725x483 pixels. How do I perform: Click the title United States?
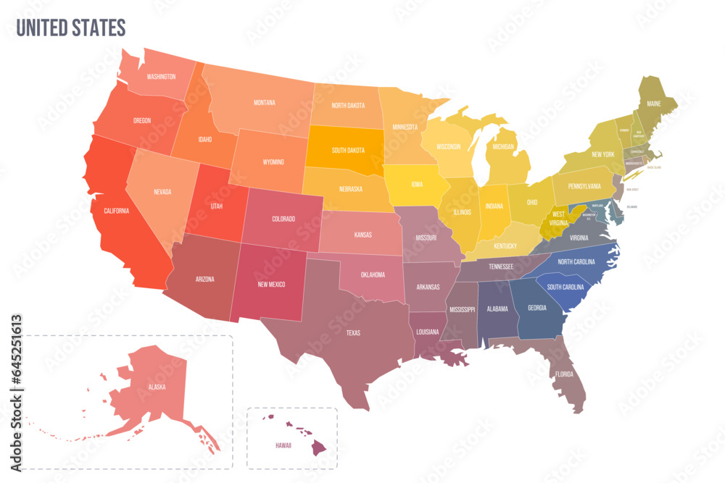(x=71, y=28)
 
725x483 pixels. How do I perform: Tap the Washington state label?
(x=161, y=76)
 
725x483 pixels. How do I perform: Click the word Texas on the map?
(x=353, y=333)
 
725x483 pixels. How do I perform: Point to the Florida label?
(x=565, y=374)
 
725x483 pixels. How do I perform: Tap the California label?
(x=116, y=211)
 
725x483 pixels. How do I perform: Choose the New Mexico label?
(x=272, y=284)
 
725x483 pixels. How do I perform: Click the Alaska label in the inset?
(x=157, y=387)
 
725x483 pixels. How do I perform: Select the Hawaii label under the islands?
(x=283, y=445)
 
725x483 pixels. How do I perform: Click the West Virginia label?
(x=558, y=219)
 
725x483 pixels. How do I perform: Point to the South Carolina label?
(x=566, y=287)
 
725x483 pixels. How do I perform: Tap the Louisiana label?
(x=427, y=332)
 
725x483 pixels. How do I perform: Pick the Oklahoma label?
(x=372, y=274)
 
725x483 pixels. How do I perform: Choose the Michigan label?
(x=502, y=147)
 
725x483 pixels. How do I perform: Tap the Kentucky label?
(x=505, y=246)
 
